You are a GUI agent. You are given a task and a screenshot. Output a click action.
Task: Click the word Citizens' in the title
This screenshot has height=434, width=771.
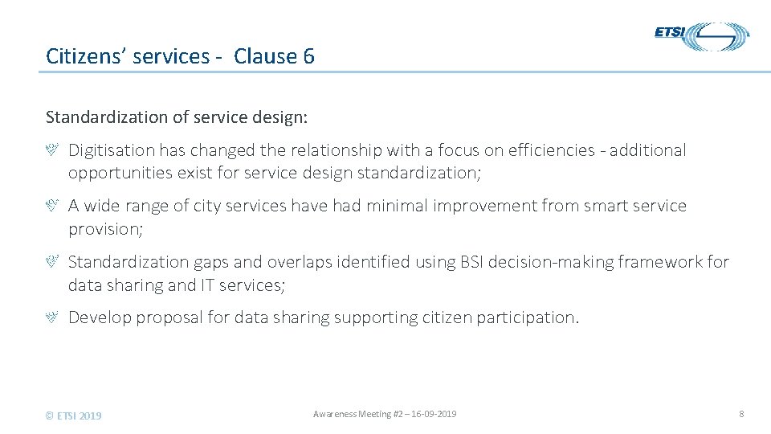click(x=80, y=56)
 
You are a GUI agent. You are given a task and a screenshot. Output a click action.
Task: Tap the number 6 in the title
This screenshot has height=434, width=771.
click(x=309, y=56)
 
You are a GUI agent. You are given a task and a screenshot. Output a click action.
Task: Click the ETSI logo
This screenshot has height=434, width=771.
click(x=701, y=36)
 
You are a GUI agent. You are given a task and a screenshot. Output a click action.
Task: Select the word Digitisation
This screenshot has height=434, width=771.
click(x=111, y=150)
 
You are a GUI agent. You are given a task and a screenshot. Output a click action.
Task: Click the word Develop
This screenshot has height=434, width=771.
click(x=100, y=317)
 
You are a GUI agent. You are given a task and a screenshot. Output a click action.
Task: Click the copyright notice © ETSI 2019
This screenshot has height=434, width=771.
click(x=74, y=416)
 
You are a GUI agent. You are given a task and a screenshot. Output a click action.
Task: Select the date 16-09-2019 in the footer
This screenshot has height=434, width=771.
click(x=434, y=414)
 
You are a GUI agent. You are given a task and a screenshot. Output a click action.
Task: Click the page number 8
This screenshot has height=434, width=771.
click(x=741, y=414)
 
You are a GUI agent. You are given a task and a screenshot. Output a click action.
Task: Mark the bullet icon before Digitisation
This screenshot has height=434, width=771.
click(x=51, y=150)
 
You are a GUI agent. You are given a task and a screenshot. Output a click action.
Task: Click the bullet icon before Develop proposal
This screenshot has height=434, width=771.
click(x=51, y=317)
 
